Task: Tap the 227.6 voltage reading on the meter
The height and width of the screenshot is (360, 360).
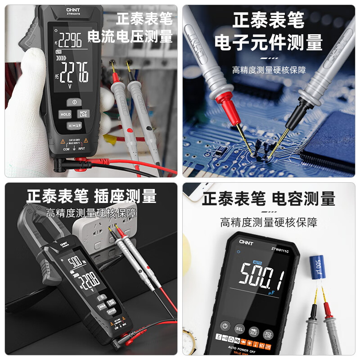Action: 75,72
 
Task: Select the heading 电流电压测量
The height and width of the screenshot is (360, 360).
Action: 130,36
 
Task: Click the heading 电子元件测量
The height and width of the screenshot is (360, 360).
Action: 268,43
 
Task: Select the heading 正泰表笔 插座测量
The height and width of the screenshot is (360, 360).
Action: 91,197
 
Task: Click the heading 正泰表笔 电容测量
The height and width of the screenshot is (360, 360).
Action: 268,198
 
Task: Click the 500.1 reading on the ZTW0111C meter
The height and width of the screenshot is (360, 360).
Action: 261,275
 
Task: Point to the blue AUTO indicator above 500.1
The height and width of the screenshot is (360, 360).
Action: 257,262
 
